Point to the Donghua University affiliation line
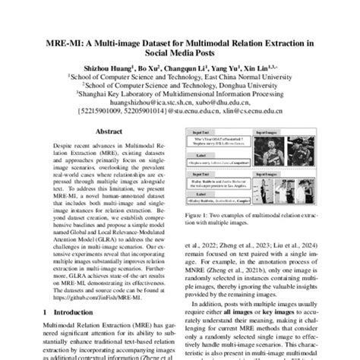pyautogui.click(x=179, y=86)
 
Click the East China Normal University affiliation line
pyautogui.click(x=179, y=77)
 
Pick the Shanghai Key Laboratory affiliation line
pyautogui.click(x=179, y=95)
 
